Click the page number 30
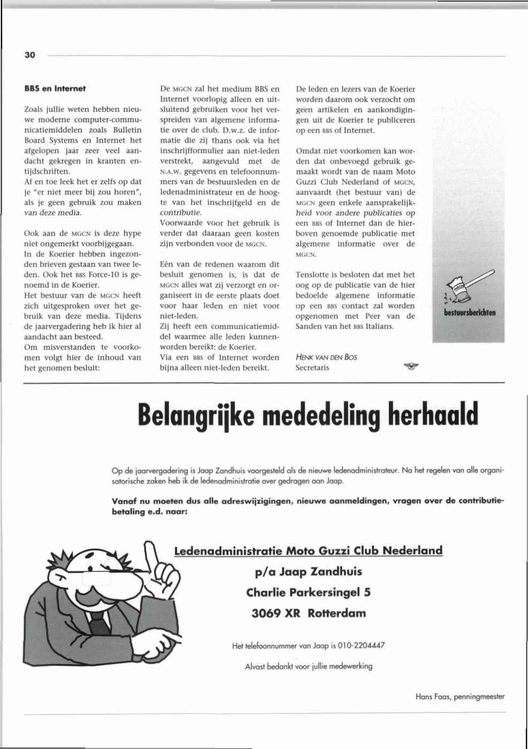tap(29, 55)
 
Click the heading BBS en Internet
tap(55, 89)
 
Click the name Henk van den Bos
tap(326, 357)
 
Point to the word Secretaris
tap(312, 368)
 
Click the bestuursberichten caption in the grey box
tap(469, 313)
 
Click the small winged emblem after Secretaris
tap(411, 366)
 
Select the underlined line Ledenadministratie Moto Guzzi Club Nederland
tap(309, 550)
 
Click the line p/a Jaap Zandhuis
tap(309, 572)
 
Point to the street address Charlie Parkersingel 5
tap(309, 592)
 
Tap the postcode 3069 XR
tap(276, 613)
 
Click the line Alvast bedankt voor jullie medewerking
tap(309, 666)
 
